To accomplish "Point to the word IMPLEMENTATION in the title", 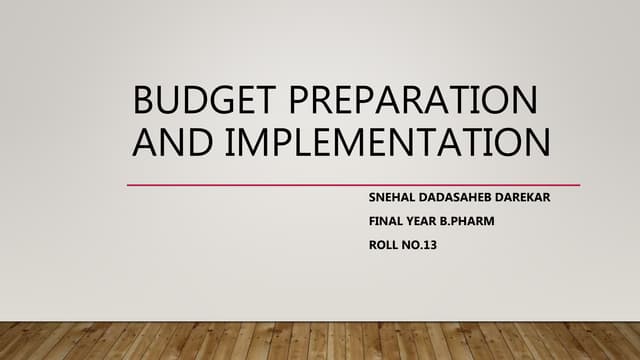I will [390, 142].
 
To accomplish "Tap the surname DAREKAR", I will [523, 197].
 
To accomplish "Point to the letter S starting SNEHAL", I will [372, 197].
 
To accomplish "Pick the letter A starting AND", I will [144, 142].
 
